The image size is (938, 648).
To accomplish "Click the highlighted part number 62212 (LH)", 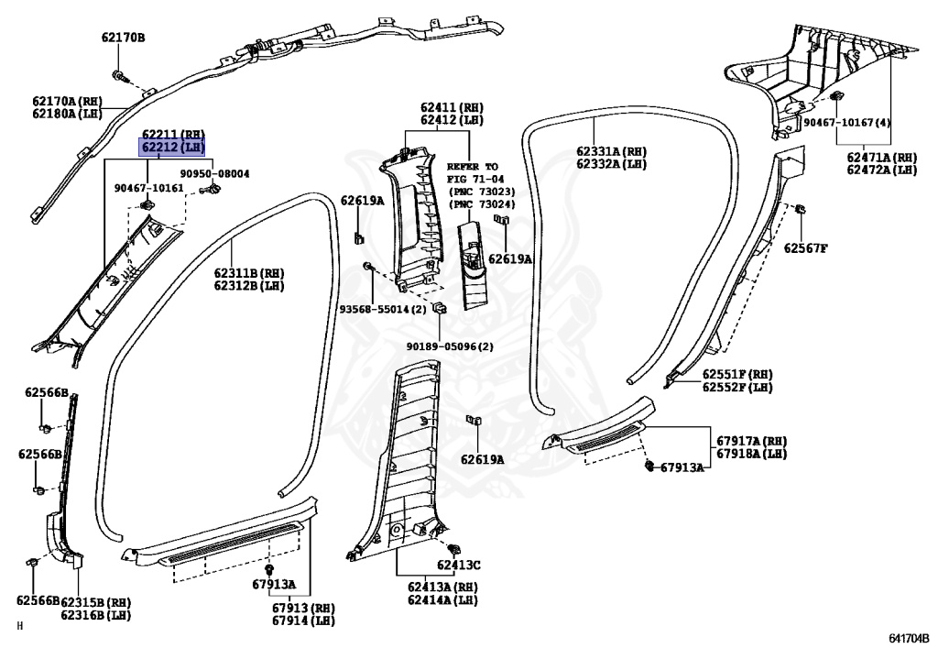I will pyautogui.click(x=171, y=147).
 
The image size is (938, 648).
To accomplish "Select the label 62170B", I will pyautogui.click(x=123, y=38).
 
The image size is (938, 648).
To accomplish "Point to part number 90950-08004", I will pyautogui.click(x=214, y=173).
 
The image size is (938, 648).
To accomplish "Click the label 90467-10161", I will pyautogui.click(x=148, y=188).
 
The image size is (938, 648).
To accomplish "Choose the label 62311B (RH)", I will pyautogui.click(x=249, y=273).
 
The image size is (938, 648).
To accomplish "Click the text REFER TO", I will pyautogui.click(x=473, y=167).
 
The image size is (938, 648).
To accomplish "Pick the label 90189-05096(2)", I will pyautogui.click(x=450, y=346).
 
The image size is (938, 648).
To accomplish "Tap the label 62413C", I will pyautogui.click(x=458, y=565).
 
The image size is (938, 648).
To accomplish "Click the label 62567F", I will pyautogui.click(x=805, y=247).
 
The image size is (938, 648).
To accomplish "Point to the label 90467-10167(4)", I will pyautogui.click(x=847, y=123).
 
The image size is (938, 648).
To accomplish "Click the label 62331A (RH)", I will pyautogui.click(x=611, y=151).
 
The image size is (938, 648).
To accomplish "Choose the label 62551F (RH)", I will pyautogui.click(x=737, y=375).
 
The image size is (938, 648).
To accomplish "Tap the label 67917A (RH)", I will pyautogui.click(x=751, y=441).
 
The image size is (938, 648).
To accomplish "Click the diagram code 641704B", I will pyautogui.click(x=908, y=636).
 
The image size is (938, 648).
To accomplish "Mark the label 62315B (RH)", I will pyautogui.click(x=96, y=602).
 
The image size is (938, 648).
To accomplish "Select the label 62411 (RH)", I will pyautogui.click(x=452, y=107).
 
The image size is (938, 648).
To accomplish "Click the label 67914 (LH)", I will pyautogui.click(x=303, y=621).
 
